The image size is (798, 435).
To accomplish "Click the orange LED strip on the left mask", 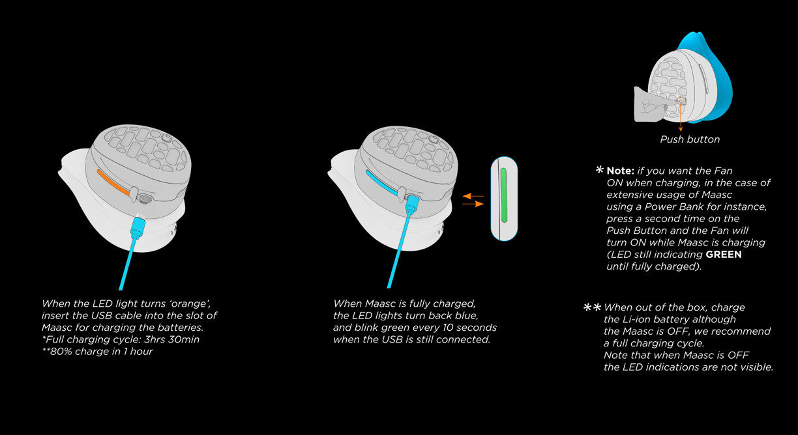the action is click(113, 180).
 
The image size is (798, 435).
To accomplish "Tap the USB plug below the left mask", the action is click(138, 228).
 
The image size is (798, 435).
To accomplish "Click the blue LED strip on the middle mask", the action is click(381, 182).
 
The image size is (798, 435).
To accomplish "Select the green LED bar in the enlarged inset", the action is click(503, 196).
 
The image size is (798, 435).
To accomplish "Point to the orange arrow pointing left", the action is click(473, 195).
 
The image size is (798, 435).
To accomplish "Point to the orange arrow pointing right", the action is click(473, 204).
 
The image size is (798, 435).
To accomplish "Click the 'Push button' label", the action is click(690, 139).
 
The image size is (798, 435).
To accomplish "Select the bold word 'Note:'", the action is click(620, 171).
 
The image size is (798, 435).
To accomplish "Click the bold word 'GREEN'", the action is click(724, 255).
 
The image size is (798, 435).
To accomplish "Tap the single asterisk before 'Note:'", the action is click(599, 170).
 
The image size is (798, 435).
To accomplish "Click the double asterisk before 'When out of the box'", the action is click(592, 307).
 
